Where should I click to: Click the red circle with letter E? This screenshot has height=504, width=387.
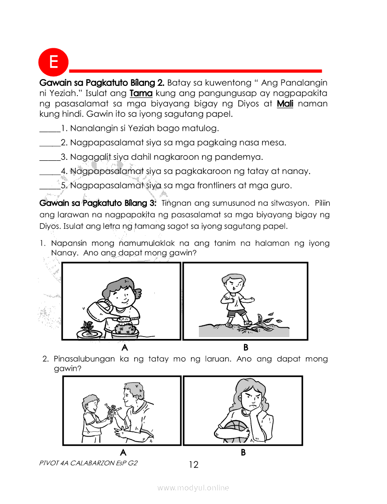click(53, 62)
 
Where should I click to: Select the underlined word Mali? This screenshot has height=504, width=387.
click(285, 104)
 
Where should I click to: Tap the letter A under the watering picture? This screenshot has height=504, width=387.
click(124, 347)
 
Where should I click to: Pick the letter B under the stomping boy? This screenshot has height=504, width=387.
click(245, 347)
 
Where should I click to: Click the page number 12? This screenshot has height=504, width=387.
click(193, 465)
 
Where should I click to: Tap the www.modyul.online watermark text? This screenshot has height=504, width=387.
click(193, 488)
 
